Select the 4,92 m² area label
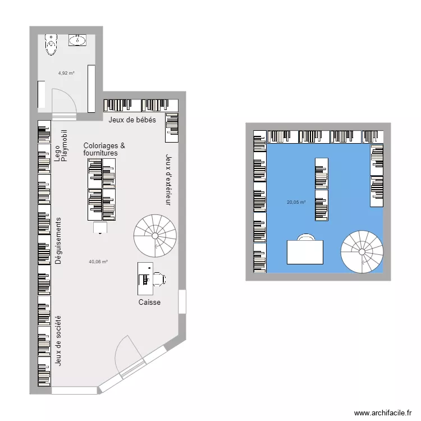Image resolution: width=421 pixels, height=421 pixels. (66, 72)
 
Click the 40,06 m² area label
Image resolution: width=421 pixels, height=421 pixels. (98, 261)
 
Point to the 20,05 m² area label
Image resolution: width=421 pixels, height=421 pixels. (296, 202)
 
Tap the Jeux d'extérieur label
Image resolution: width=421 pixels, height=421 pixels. (167, 180)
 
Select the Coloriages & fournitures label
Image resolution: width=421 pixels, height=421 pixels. (104, 149)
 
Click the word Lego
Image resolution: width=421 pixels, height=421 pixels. (57, 154)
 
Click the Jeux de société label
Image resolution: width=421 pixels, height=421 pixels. (58, 341)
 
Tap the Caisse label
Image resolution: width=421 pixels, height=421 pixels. (149, 303)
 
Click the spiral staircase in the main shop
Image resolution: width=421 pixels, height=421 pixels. (155, 234)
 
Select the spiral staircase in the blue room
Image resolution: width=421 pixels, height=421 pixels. (362, 251)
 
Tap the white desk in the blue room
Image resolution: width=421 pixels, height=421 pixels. (305, 252)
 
